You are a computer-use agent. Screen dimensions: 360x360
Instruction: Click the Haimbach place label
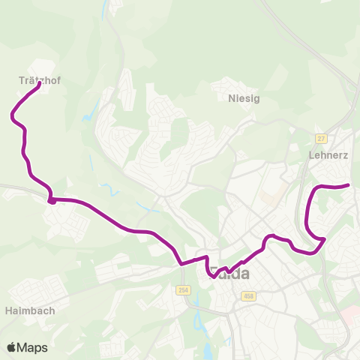click(x=29, y=308)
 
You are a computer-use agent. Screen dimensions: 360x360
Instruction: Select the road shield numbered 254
click(x=184, y=290)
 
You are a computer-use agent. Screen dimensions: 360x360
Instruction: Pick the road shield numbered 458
click(x=248, y=295)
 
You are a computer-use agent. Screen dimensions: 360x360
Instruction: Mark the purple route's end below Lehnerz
click(x=349, y=184)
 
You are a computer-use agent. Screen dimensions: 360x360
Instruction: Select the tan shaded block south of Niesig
click(x=268, y=199)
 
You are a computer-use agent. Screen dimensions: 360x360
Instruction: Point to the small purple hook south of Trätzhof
click(x=51, y=199)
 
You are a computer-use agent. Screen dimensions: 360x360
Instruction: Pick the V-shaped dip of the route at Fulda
click(x=214, y=276)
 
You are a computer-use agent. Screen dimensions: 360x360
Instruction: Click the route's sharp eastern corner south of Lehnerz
click(x=323, y=239)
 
